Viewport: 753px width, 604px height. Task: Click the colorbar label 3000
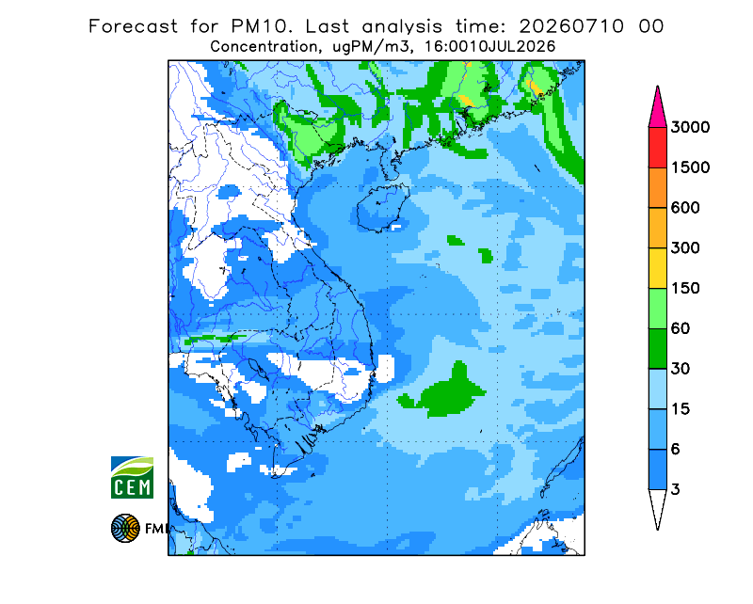[690, 127]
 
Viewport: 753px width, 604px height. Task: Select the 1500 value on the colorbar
[690, 167]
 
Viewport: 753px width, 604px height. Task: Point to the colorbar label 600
[685, 208]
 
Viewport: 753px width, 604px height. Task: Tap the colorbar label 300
[685, 248]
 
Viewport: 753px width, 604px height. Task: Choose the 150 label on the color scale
[685, 289]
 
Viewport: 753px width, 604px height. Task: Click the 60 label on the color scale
[681, 329]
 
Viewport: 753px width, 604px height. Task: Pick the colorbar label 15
[681, 409]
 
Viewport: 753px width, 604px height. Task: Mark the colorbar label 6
[676, 450]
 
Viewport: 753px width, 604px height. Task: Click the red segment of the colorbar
[657, 148]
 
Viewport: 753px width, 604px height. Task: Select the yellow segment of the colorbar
[657, 268]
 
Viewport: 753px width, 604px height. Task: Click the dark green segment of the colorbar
[657, 349]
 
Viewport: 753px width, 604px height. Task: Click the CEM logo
[132, 477]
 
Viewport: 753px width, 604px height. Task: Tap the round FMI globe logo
[125, 528]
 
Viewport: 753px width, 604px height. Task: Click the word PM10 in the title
[262, 26]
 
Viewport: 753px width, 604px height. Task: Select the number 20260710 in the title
[572, 26]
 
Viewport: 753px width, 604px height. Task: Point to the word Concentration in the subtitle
[264, 47]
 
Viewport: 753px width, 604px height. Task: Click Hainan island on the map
[383, 208]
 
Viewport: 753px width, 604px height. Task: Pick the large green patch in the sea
[444, 391]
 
